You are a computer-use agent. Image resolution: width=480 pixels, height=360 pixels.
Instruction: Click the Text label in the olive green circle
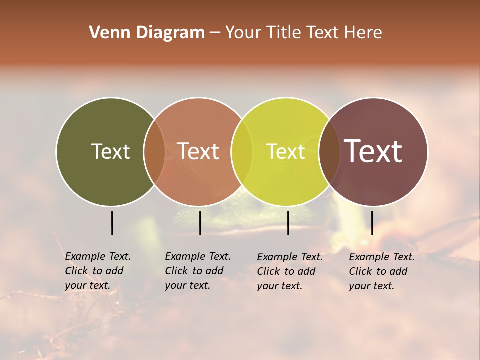[x=110, y=151]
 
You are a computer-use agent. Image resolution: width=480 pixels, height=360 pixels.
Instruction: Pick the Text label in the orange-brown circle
[x=198, y=151]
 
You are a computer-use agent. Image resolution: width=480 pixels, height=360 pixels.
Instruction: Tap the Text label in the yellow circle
[x=286, y=151]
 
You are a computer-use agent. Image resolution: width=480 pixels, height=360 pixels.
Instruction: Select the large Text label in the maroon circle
[x=373, y=151]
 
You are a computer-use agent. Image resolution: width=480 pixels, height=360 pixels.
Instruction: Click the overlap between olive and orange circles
[x=154, y=151]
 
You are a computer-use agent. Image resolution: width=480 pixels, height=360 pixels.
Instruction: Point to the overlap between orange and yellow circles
[x=242, y=151]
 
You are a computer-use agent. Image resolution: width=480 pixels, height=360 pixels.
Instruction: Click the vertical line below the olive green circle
[x=112, y=223]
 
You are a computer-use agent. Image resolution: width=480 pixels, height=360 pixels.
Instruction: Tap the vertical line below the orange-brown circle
[x=200, y=223]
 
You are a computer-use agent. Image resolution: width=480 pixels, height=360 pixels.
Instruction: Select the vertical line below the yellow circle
[x=288, y=223]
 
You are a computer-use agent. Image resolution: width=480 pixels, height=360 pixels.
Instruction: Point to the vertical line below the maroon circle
[x=372, y=223]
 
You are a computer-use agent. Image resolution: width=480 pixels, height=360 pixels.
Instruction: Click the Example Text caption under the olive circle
[x=97, y=271]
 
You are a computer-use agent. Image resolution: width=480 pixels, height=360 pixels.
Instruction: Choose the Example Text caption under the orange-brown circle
[x=197, y=271]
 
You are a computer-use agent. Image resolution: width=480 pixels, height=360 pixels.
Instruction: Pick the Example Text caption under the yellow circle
[x=289, y=271]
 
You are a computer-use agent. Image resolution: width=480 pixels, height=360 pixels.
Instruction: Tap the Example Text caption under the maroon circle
[x=381, y=271]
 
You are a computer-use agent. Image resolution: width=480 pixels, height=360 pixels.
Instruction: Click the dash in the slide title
[x=215, y=33]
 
